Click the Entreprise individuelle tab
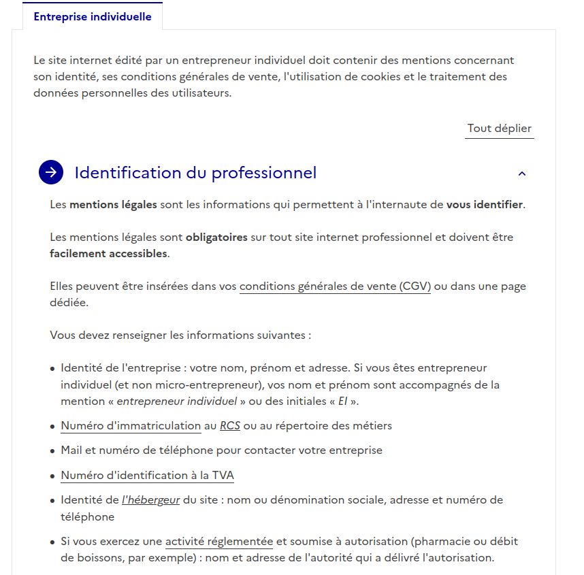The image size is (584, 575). pos(93,17)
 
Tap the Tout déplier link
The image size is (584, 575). pos(499,129)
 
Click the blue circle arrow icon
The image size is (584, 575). pos(51,173)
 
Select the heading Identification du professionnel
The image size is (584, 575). pos(195,173)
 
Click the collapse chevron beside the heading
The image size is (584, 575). pos(522,174)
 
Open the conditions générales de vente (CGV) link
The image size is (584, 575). pos(335,286)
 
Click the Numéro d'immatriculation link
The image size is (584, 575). pos(131,426)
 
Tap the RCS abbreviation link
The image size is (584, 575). pos(230,426)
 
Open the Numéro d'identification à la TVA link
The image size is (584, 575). pos(148,476)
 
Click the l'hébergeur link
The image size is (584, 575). pos(150,500)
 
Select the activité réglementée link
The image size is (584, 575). pos(218,542)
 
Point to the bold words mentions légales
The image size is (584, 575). pos(113,205)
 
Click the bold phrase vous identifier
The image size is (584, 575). pos(484,205)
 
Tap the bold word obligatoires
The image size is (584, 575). pos(216,237)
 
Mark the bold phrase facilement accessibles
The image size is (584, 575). pos(108,254)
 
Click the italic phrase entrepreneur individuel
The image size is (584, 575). pos(177,401)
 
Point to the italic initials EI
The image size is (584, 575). pos(342,401)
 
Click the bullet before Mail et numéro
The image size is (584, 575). pos(52,451)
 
